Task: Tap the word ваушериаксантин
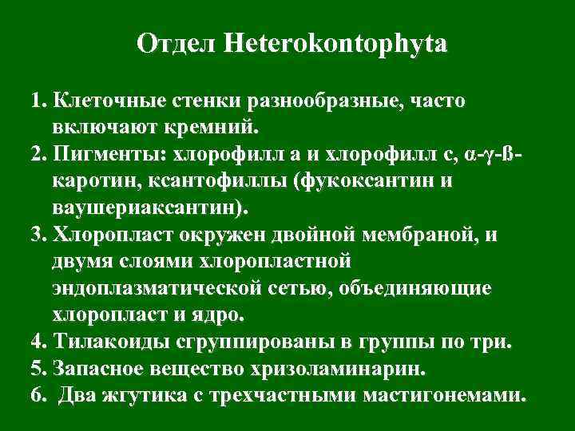click(x=149, y=208)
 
